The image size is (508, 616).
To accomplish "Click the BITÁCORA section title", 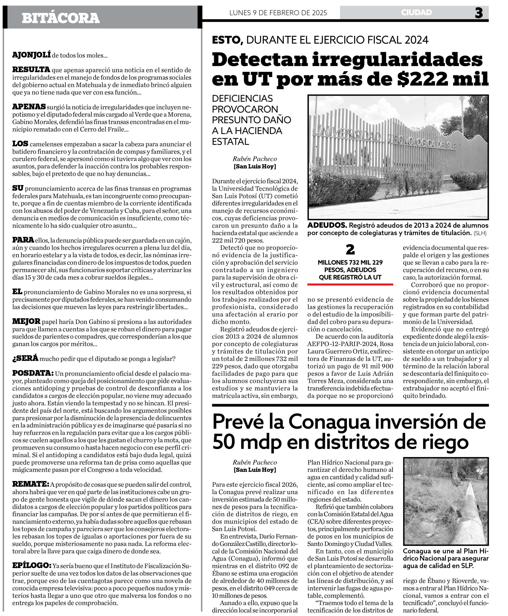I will (x=61, y=18).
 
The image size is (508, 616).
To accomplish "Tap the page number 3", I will (x=479, y=13).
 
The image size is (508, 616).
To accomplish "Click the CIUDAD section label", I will (x=416, y=12).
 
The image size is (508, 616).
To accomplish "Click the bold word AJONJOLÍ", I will (x=31, y=55).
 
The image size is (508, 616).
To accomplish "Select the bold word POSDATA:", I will (x=33, y=373).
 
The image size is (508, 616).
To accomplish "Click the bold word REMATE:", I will (x=31, y=484).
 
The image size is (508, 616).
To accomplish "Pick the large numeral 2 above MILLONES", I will (x=350, y=250).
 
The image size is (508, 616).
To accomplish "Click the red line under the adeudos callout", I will (x=350, y=284).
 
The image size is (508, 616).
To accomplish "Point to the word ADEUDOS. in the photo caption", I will (x=327, y=225).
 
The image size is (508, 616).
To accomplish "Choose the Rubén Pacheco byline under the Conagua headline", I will (x=254, y=462).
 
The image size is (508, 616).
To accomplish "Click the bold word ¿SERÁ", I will (x=25, y=358).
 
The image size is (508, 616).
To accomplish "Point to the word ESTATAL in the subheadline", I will (x=231, y=142).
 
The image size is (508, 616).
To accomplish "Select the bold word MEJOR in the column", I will (x=26, y=321).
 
